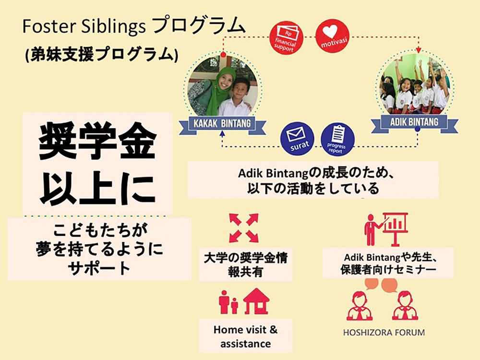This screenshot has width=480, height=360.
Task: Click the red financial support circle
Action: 286,38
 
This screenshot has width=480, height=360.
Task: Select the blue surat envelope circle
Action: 297,139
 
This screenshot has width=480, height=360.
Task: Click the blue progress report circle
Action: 337,140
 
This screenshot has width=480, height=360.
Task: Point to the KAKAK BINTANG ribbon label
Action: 222,124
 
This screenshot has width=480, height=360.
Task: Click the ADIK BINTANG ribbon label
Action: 414,122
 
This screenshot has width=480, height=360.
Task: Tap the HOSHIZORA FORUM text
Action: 384,333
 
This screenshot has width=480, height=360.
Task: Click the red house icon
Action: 256,301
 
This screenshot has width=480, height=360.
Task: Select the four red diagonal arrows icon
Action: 244,228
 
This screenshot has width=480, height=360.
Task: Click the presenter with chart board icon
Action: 386,229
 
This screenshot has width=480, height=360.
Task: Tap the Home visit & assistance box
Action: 245,336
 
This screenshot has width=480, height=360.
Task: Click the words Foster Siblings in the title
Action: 84,27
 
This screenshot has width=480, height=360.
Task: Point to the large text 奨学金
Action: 97,141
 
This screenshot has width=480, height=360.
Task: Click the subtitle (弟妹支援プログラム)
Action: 102,54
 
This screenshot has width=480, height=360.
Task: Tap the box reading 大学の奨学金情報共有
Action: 245,264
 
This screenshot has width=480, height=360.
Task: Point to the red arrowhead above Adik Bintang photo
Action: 419,50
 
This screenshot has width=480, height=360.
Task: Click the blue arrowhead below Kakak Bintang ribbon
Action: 223,133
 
